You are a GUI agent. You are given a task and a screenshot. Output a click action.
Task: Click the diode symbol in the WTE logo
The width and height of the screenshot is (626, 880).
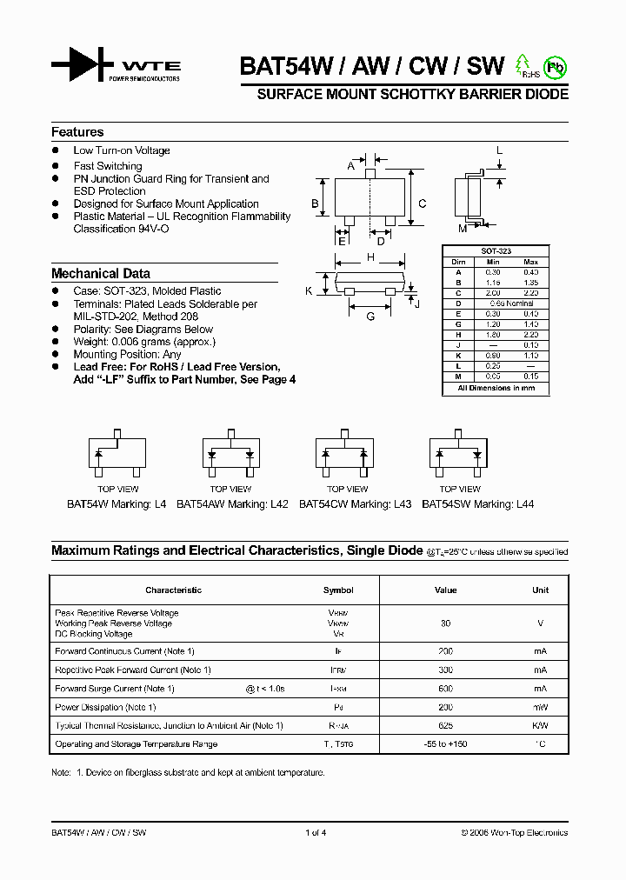point(82,64)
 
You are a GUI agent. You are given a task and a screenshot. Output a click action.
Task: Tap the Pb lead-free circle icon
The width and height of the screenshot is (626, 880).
point(554,67)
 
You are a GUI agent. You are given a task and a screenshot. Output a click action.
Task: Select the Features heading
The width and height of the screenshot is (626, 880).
point(77,132)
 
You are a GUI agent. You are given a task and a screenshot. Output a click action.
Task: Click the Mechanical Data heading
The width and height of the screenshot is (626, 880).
point(100,273)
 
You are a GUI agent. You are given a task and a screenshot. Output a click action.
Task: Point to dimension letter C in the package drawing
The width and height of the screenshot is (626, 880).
point(422,203)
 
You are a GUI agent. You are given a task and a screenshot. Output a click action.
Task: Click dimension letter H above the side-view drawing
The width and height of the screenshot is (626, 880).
point(370,257)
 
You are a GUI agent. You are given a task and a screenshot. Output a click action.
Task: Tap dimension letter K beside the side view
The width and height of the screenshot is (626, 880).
point(309,290)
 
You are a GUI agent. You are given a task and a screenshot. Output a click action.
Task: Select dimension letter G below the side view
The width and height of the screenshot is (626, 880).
point(370,316)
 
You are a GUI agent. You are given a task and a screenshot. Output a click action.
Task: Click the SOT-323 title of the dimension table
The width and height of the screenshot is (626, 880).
point(496,251)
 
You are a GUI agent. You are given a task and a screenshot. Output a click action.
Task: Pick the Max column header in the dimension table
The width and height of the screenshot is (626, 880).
point(531,262)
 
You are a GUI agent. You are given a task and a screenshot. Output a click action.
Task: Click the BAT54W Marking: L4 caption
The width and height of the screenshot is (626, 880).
point(117,503)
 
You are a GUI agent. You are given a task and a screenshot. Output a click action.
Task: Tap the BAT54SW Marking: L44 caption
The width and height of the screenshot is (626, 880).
point(477,503)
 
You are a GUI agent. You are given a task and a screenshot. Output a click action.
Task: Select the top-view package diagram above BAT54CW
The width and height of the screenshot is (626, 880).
point(347,454)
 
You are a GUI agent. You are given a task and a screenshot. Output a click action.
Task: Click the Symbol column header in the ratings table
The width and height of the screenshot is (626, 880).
point(338,590)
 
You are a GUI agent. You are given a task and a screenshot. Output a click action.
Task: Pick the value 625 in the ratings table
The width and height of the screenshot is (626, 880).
point(445,725)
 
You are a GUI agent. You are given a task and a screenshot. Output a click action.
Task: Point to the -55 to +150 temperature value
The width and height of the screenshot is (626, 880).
point(445,744)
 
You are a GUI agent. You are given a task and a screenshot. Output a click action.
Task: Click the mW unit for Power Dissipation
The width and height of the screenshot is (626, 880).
point(540,707)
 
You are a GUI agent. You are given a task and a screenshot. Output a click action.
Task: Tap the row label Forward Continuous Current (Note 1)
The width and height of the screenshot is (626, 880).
point(124,651)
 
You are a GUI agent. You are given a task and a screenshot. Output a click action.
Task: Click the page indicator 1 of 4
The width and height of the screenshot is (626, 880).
point(316,832)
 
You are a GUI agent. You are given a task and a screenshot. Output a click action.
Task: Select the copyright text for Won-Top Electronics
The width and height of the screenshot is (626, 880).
point(514,832)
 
